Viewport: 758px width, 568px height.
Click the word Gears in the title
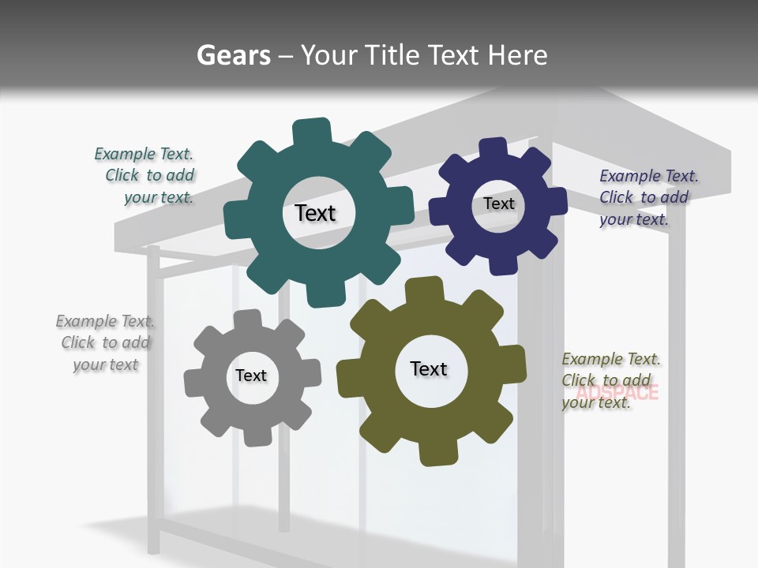click(233, 55)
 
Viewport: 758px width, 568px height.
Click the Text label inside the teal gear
click(315, 213)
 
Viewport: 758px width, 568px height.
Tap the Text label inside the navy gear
click(498, 204)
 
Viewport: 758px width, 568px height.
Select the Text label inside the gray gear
click(251, 376)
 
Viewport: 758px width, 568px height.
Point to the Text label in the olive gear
click(429, 368)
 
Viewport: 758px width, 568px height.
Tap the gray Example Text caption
click(106, 342)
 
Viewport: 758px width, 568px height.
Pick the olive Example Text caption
click(610, 380)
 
